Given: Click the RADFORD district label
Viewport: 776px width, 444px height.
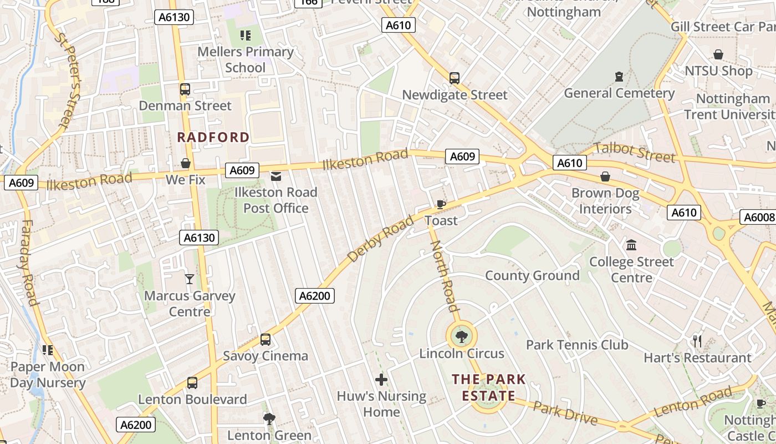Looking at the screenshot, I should pos(213,137).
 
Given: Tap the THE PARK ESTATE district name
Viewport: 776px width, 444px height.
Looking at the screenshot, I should pos(488,387).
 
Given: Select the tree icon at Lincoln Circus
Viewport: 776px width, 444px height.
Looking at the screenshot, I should pos(461,336).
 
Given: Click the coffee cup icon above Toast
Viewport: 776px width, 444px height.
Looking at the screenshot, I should pos(441,204).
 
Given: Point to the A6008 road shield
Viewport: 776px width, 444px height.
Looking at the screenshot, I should pos(758,217).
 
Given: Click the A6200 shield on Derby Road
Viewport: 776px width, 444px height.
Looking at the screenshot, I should pos(315,296).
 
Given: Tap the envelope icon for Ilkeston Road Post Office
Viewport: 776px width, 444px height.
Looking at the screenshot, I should pos(275,176).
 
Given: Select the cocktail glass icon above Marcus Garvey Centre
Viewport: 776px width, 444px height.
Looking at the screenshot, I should pos(190,279).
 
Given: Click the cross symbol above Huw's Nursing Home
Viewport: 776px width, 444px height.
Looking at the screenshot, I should pos(381,380).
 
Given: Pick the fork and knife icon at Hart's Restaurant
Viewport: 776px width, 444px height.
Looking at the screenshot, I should pos(697,341).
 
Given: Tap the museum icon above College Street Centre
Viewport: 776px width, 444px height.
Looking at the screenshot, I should pos(631,245).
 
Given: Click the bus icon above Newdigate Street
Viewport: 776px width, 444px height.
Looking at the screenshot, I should pos(455,78).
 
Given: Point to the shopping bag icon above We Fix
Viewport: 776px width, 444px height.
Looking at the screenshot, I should pos(186,163).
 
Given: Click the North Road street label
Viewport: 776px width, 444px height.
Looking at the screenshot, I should pos(445,276).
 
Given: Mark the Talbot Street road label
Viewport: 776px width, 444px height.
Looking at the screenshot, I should pos(634,152).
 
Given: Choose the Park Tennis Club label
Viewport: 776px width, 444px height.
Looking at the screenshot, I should pos(577,345).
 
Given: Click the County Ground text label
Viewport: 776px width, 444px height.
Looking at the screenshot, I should pos(532,276).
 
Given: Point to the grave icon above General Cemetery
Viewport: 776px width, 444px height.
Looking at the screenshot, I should pos(619,77).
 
